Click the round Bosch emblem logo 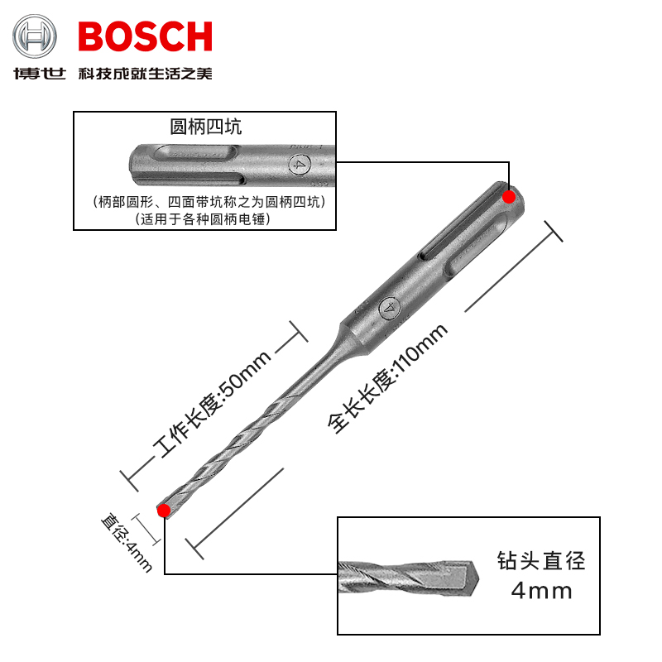pyautogui.click(x=34, y=36)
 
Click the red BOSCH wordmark pyautogui.click(x=146, y=36)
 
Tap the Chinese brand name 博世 pyautogui.click(x=39, y=74)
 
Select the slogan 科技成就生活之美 pyautogui.click(x=146, y=74)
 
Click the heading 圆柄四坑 pyautogui.click(x=205, y=127)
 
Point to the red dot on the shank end pyautogui.click(x=509, y=197)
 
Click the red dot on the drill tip pyautogui.click(x=164, y=511)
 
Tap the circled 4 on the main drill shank pyautogui.click(x=389, y=307)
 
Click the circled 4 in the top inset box pyautogui.click(x=300, y=164)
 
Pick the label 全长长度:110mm pyautogui.click(x=387, y=378)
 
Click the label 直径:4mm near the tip pyautogui.click(x=127, y=543)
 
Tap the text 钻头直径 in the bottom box pyautogui.click(x=541, y=561)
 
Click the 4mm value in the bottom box pyautogui.click(x=542, y=591)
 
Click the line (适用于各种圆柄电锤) pyautogui.click(x=203, y=219)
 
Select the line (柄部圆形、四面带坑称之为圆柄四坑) pyautogui.click(x=209, y=202)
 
